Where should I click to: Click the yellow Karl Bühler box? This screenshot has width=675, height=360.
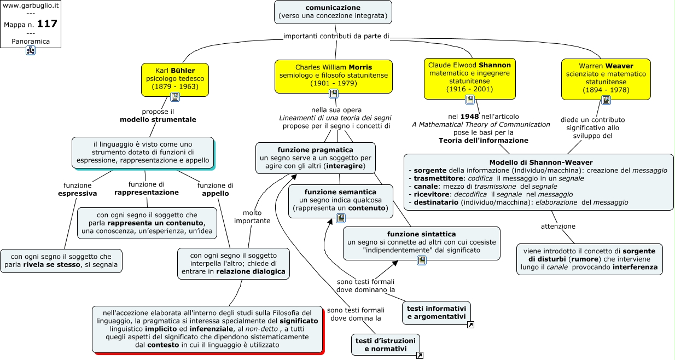point(175,79)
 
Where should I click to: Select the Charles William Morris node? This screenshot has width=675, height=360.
point(333,76)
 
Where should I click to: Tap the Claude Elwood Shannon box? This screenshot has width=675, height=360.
point(469,78)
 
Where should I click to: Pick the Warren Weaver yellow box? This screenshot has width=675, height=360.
point(606,79)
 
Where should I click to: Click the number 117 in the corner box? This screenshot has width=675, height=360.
point(47,24)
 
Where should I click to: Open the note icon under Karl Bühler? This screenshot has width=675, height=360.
point(175,97)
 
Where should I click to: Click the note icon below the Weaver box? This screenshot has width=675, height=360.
point(606,100)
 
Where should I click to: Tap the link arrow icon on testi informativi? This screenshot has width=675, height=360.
point(470,325)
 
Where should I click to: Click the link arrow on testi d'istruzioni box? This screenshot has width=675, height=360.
point(420,356)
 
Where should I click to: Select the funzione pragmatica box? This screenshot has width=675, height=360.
point(316,158)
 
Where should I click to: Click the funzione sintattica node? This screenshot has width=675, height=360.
point(422,243)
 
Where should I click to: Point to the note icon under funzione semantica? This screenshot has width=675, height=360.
point(341,218)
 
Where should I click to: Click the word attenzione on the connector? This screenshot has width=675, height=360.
point(558,226)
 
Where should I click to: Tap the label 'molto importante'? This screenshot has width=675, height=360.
point(252,217)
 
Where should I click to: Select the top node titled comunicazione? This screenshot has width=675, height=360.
point(333,12)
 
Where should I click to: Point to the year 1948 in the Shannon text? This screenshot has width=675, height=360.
point(470,117)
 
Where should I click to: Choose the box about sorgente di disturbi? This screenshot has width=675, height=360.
point(590,259)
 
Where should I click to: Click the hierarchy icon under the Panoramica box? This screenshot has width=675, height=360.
point(31,50)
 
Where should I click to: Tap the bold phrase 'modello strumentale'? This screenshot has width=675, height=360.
point(158,120)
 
